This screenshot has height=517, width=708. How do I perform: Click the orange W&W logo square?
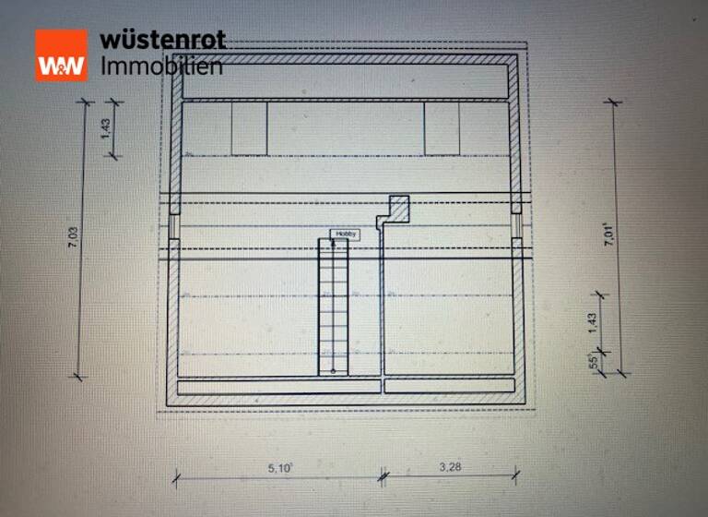61,54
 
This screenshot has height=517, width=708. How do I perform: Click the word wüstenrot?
162,41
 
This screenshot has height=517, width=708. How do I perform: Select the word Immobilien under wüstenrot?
160,66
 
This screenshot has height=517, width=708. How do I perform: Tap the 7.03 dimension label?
72,238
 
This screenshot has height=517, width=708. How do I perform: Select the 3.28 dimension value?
449,468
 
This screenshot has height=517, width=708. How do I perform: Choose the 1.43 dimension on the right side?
592,320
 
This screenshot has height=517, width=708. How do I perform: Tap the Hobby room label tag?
346,234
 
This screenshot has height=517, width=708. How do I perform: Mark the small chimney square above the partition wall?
398,206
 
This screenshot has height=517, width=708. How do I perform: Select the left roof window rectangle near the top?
249,128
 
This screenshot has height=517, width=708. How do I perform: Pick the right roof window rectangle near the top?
442,128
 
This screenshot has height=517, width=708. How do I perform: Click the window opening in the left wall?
172,226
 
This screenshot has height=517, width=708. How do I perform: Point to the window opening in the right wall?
517,226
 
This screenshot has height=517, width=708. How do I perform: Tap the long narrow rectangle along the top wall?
346,81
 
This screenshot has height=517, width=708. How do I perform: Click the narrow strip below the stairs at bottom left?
277,387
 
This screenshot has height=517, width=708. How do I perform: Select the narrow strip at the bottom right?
449,386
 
